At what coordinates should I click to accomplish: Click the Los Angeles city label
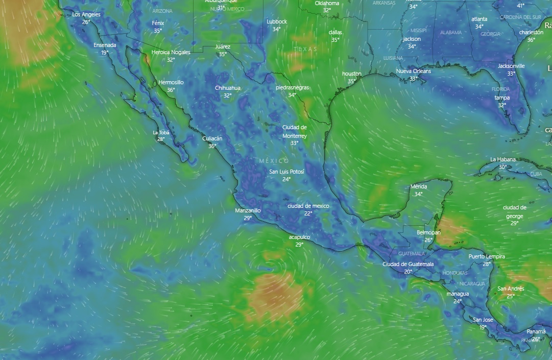86,14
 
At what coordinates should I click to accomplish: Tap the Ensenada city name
105,45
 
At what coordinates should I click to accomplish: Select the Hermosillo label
171,82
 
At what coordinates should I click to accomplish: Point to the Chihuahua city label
227,88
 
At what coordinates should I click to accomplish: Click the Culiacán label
212,138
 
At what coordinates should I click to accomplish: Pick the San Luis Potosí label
286,172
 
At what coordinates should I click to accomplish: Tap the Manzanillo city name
248,210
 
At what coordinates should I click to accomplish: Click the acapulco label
299,237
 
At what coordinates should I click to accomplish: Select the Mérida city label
419,186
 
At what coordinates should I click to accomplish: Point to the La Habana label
503,159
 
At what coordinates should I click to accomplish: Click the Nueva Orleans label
413,71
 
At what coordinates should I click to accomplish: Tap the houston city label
351,74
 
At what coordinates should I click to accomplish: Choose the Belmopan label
428,232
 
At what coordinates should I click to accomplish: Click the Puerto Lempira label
487,256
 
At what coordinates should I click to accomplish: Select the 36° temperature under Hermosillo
171,90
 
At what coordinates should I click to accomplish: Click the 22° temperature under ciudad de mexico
308,213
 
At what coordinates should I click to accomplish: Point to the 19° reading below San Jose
483,327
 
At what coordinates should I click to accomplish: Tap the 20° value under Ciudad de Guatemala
408,272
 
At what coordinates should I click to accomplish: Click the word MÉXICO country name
274,161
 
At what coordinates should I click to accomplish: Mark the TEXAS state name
305,49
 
